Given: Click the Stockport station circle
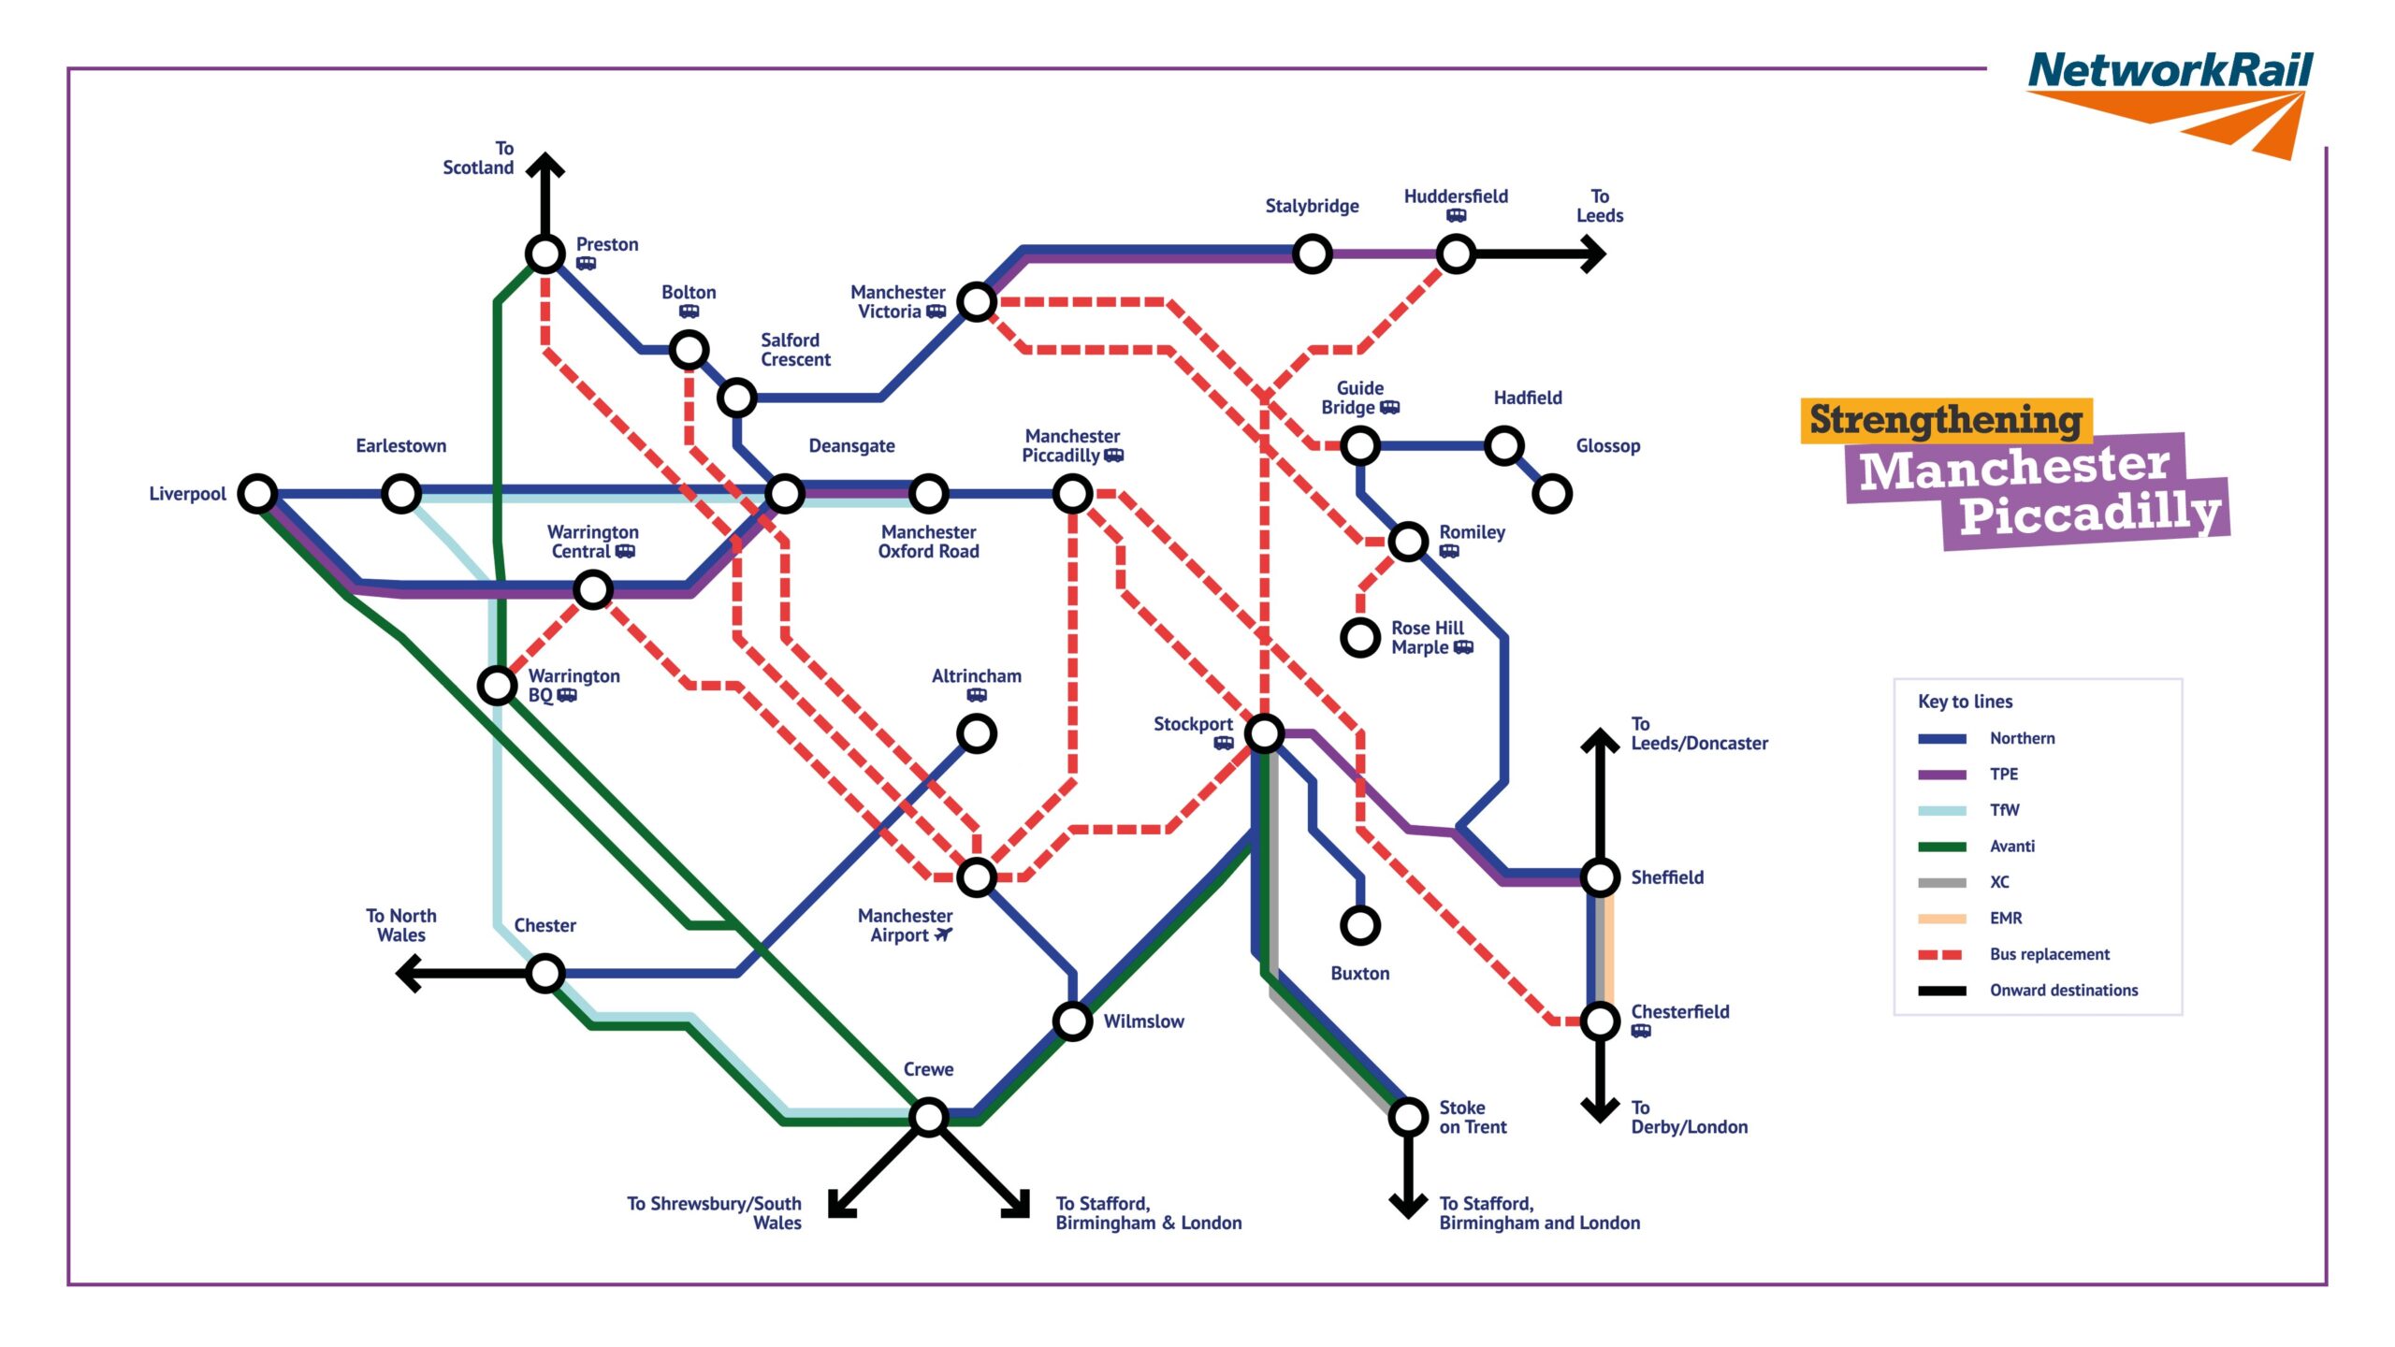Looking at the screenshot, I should coord(1264,732).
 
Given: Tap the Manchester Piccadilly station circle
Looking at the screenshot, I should coord(1073,493).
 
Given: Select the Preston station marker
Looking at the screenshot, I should coord(545,253).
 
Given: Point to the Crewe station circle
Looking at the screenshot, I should coord(929,1116).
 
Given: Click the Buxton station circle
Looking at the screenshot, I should coord(1360,925).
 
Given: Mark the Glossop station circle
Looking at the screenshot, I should coord(1552,493).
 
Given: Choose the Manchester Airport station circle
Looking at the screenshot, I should coord(977,876).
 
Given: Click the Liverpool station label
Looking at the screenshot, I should coord(187,494).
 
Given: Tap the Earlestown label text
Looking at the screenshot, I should coord(400,446).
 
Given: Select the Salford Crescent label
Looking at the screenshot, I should coord(795,350).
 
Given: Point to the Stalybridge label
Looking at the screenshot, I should coord(1312,206).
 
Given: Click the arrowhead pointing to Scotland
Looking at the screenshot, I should coord(545,164).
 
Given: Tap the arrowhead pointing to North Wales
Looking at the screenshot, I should coord(408,973).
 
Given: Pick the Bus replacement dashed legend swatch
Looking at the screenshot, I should coord(1941,954).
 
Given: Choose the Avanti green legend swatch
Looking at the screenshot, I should coord(1941,847).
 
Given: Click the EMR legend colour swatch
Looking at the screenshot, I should coord(1941,919).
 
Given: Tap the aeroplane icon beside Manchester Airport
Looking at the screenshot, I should coord(943,934).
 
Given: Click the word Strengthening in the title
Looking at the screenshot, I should coord(1945,420).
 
